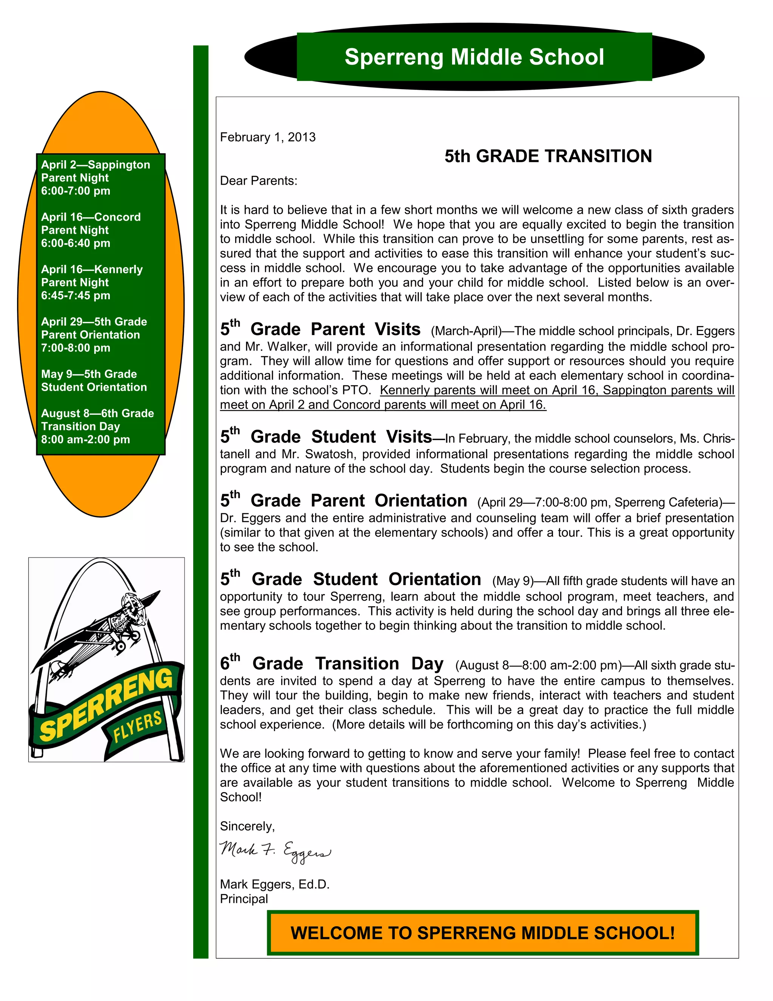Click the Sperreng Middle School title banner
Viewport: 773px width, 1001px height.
(x=474, y=57)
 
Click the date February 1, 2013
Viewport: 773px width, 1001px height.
(x=268, y=137)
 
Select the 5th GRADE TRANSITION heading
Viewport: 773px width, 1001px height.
(x=548, y=156)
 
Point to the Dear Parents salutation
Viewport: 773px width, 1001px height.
(x=258, y=181)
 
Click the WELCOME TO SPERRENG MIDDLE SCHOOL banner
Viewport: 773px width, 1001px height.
(x=483, y=933)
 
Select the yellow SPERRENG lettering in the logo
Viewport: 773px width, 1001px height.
(x=105, y=706)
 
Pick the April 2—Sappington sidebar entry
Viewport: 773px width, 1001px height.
(x=95, y=165)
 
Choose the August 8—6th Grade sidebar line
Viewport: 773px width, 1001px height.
(x=97, y=413)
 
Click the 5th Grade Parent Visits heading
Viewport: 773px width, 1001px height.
(x=320, y=329)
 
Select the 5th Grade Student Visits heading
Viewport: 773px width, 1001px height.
(x=326, y=436)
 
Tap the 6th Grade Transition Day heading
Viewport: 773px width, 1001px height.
(x=332, y=663)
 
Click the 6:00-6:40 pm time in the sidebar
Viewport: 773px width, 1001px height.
(x=75, y=243)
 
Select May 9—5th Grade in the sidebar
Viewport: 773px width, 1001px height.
(x=89, y=374)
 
